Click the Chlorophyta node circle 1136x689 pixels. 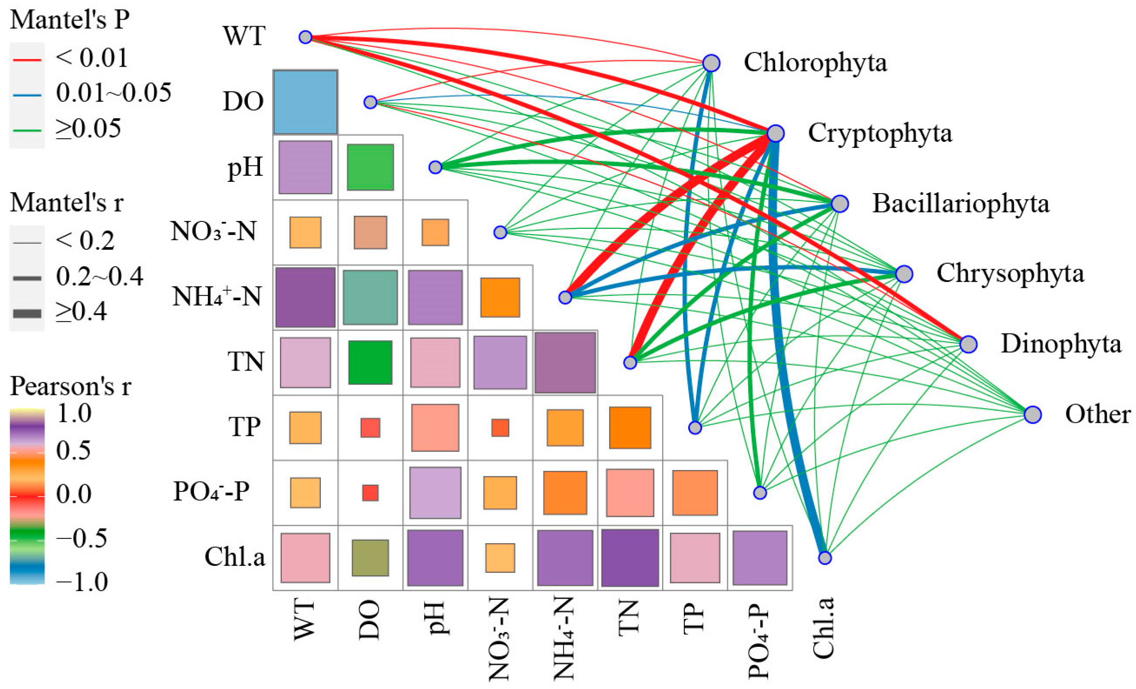coord(711,63)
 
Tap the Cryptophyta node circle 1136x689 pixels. coord(776,133)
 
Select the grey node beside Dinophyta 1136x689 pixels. coord(968,344)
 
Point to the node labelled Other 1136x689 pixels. coord(1033,415)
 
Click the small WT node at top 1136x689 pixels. coord(305,37)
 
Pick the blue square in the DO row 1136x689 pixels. coord(305,102)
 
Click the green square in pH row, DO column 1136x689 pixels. coord(370,167)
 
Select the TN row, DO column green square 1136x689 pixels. coord(370,362)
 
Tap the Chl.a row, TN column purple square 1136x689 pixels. coord(630,558)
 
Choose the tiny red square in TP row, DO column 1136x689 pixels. coord(370,428)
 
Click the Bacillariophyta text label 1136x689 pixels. coord(960,204)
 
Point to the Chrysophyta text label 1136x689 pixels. coord(1009,274)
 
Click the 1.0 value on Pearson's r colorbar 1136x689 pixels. coord(74,414)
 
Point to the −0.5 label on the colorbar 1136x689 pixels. coord(81,538)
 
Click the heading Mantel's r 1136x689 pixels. coord(67,203)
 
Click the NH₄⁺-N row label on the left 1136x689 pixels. coord(217,297)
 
